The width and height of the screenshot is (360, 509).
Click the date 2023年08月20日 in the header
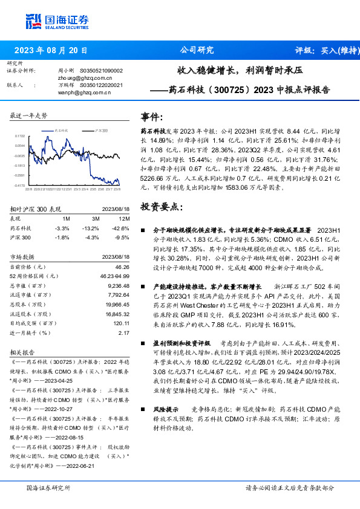coord(51,50)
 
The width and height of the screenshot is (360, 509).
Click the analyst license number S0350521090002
coord(101,71)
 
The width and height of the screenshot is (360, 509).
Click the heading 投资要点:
coord(160,207)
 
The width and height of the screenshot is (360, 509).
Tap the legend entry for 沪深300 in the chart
coord(100,130)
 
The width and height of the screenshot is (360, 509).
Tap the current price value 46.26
coord(122,267)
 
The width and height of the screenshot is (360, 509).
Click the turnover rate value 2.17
coord(124,332)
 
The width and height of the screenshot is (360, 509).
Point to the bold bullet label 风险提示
coord(164,409)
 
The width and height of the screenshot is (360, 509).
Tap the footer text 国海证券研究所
coord(49,487)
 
